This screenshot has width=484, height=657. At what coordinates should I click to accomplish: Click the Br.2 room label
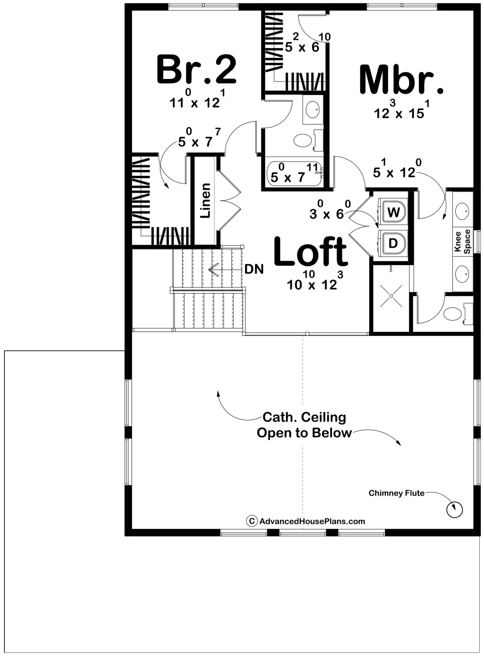coord(196,69)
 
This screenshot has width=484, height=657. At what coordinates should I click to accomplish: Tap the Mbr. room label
coord(401,79)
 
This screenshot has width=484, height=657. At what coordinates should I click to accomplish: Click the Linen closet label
coord(205,201)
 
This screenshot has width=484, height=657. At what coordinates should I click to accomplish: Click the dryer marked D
coord(393,243)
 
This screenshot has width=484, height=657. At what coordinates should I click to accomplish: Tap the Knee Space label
coord(462,242)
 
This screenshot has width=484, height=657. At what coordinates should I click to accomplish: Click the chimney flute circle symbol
coord(454,509)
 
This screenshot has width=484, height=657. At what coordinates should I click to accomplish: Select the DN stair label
coord(254,269)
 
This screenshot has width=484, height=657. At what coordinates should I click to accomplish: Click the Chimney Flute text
coord(397,493)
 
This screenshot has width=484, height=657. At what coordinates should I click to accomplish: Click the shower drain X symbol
coord(391,296)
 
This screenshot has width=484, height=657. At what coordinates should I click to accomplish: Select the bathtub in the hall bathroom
coord(294,174)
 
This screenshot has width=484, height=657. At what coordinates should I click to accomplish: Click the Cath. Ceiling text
coord(304,417)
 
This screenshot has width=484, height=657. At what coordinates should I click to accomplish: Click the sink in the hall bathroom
coord(312,109)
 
